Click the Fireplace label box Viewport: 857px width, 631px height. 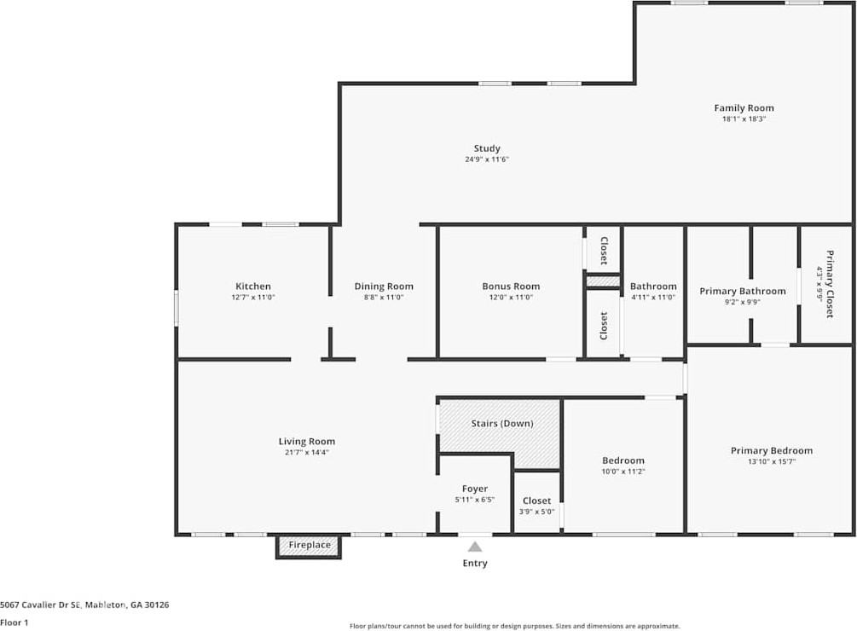(309, 546)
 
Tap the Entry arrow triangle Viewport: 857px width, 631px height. (475, 547)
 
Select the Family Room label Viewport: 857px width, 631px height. (744, 108)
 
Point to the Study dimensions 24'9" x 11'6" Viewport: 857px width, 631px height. (487, 159)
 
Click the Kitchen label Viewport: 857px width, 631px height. (253, 287)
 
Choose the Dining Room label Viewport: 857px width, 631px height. (384, 287)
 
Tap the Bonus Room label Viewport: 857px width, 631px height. (511, 287)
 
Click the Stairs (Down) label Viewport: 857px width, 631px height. (502, 424)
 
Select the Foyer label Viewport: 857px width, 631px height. (475, 489)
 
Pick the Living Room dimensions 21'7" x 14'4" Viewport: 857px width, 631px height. (307, 452)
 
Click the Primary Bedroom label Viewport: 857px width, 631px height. (772, 451)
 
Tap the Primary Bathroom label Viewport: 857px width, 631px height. (743, 291)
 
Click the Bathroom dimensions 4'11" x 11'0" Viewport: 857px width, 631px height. (653, 298)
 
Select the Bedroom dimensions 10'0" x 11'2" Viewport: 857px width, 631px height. (623, 472)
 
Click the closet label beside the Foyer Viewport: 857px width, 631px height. (536, 501)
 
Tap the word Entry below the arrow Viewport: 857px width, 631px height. (475, 564)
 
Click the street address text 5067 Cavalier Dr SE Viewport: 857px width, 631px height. (40, 605)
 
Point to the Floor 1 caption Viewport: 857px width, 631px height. (14, 622)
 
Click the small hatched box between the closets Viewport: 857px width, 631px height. (604, 281)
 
